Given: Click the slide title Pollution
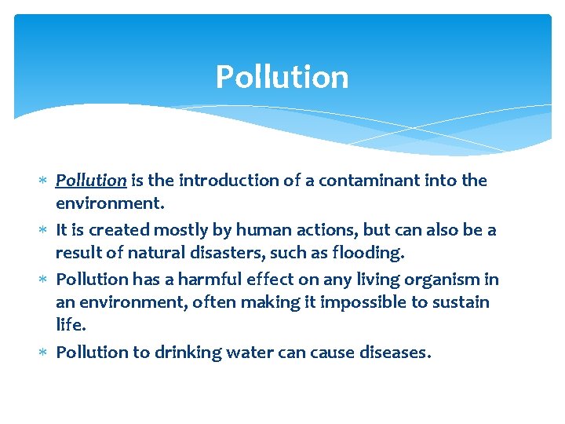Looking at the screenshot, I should click(x=282, y=77).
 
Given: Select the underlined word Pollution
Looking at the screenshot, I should click(x=91, y=181).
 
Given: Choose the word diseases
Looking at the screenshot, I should click(x=392, y=352).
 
